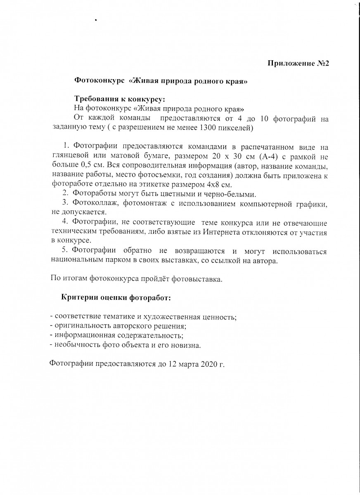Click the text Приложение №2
click(298, 63)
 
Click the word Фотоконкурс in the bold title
click(99, 81)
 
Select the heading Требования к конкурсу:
click(119, 99)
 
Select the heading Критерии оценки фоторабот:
click(116, 297)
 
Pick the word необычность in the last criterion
click(73, 345)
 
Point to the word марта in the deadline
click(187, 364)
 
